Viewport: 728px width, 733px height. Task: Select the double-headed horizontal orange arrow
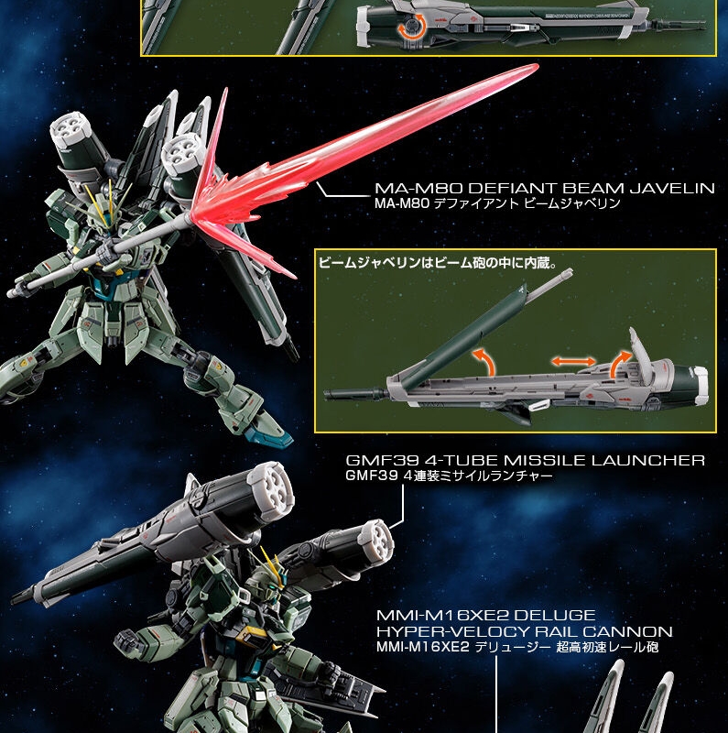pyautogui.click(x=573, y=361)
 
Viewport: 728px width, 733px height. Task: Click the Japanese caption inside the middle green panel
pyautogui.click(x=438, y=263)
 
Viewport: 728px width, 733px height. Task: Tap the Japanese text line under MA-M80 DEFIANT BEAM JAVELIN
pyautogui.click(x=497, y=203)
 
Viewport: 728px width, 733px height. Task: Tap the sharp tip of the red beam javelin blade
pyautogui.click(x=537, y=66)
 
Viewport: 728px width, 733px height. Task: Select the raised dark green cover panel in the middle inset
pyautogui.click(x=464, y=337)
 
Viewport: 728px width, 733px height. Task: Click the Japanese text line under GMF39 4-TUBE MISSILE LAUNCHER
pyautogui.click(x=449, y=476)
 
